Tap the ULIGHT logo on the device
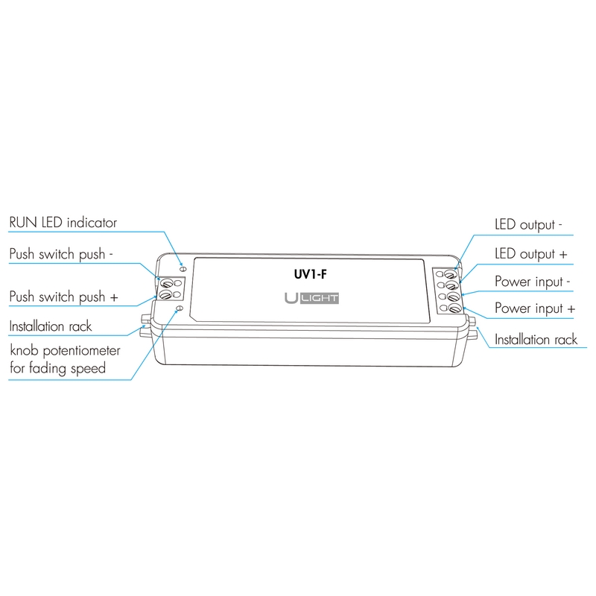[312, 299]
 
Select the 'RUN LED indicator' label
[63, 223]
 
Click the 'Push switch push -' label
[61, 254]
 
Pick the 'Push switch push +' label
[63, 297]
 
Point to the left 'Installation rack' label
[51, 326]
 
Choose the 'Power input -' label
[533, 282]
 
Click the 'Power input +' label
[535, 308]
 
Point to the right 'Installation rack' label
[536, 340]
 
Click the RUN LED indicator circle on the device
[183, 265]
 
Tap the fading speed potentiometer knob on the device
[178, 309]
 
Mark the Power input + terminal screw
[453, 309]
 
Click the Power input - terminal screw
[452, 297]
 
